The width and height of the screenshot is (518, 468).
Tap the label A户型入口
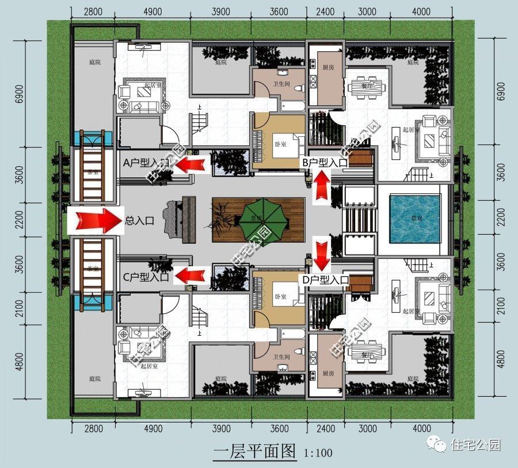(146, 164)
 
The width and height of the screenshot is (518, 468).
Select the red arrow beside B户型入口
(322, 186)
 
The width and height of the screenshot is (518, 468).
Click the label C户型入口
(146, 277)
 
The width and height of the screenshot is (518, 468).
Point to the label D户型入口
(326, 279)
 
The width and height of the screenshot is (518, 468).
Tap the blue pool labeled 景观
(414, 218)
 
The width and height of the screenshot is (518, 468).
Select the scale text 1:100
(317, 453)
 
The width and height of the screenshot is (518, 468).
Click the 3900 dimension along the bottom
(221, 429)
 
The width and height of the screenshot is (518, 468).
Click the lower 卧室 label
(280, 297)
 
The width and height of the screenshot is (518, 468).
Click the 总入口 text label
(140, 220)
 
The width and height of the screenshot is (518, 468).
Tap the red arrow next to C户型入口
(192, 275)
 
